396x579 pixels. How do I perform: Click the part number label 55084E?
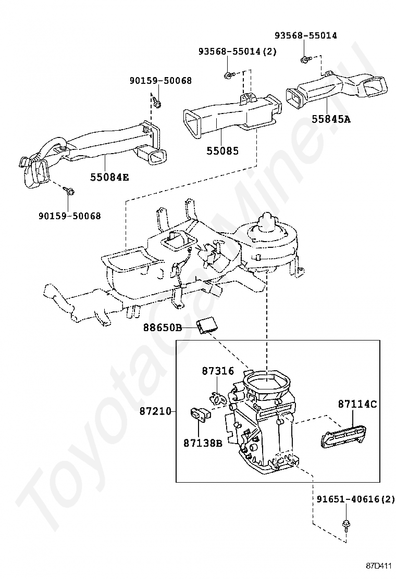(110, 177)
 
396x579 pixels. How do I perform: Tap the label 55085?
(222, 150)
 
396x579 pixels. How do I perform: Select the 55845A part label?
(331, 119)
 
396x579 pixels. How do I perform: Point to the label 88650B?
(163, 327)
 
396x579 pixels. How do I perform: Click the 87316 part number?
(218, 371)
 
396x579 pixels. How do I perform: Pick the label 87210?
(155, 411)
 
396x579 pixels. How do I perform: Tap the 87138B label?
(203, 443)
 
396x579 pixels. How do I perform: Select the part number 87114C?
(357, 404)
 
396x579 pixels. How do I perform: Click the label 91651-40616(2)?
(356, 499)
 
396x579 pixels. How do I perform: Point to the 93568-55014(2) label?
(237, 52)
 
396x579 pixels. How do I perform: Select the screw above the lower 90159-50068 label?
(69, 191)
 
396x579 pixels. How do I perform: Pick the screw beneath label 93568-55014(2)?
(228, 75)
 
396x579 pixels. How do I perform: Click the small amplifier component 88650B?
(207, 325)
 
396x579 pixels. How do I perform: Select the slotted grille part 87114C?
(342, 436)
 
